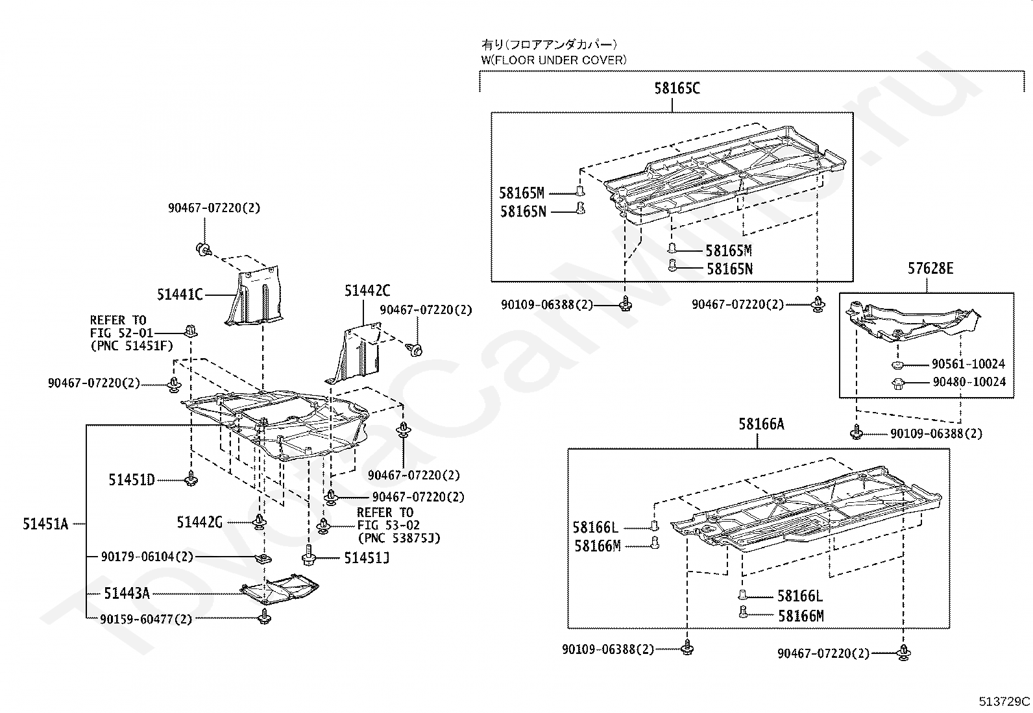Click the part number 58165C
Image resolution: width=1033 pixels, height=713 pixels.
coord(677,88)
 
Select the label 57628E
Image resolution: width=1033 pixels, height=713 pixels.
coord(930,268)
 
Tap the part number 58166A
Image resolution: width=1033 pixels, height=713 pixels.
coord(760,424)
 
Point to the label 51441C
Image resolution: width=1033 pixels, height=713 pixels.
coord(180,295)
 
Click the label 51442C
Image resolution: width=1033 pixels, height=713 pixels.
coord(367,291)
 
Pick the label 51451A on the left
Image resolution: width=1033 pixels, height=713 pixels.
coord(45,524)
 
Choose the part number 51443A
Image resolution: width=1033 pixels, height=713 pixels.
coord(127,593)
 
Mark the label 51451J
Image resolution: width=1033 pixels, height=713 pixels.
coord(367,558)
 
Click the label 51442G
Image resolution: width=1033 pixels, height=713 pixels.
coord(200,522)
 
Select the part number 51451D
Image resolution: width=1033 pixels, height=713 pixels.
coord(132,480)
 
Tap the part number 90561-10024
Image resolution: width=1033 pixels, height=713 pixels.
coord(968,365)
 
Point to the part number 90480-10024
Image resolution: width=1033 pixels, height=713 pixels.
coord(969,382)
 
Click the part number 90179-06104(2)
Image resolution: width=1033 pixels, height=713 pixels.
coord(147,557)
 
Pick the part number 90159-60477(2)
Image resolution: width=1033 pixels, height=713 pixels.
coord(146,619)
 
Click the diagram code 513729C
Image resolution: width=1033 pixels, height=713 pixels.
coord(1004,701)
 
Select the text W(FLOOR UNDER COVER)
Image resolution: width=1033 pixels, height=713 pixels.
coord(553,60)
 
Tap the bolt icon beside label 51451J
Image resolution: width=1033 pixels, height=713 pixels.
coord(308,557)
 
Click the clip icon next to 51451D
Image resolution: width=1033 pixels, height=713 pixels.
coord(191,480)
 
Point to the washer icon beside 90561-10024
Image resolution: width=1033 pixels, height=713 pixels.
coord(899,365)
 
